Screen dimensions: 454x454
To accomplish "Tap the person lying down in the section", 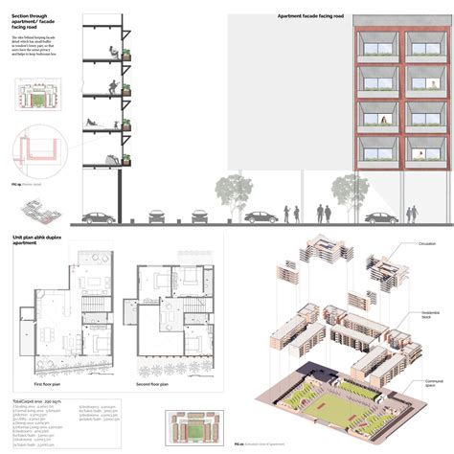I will [94, 123].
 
